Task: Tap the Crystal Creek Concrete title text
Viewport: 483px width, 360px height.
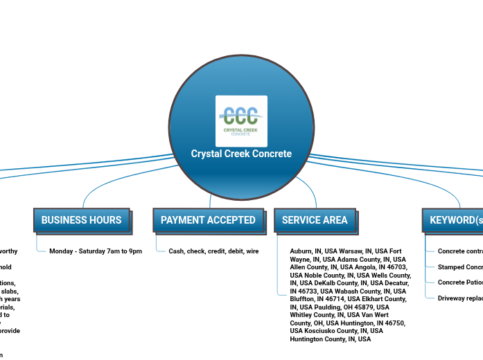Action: (x=241, y=154)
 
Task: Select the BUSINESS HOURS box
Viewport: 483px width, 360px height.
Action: (x=81, y=220)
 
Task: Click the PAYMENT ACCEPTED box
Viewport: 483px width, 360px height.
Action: (x=208, y=220)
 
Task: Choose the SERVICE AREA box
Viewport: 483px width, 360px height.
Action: (x=315, y=220)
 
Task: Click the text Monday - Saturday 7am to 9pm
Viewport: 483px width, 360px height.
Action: (x=96, y=251)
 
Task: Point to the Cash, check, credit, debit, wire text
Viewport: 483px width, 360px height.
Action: (x=213, y=251)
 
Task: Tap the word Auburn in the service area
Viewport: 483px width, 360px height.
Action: (x=301, y=251)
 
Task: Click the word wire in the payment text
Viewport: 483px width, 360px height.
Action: (x=252, y=251)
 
